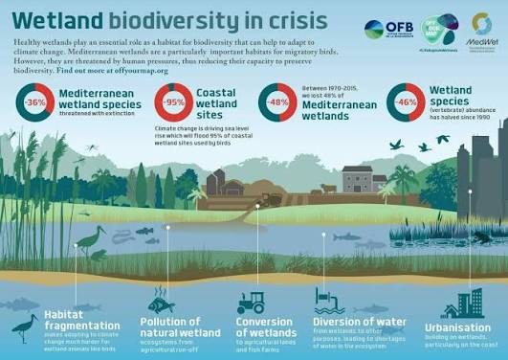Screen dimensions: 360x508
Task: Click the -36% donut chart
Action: tap(35, 102)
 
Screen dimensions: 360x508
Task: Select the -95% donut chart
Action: tap(173, 102)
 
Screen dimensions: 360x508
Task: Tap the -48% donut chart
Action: tap(276, 102)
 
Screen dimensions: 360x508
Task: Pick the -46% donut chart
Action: tap(405, 102)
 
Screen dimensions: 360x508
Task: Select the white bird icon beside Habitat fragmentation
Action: tap(25, 328)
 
